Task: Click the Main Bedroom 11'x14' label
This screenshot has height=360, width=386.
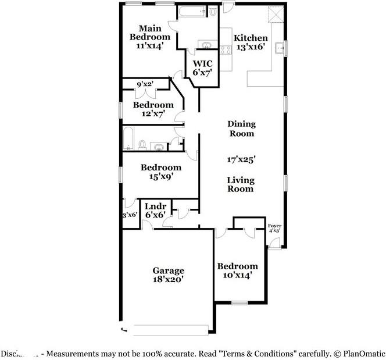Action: [x=149, y=36]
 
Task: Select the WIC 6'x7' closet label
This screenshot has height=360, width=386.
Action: [x=202, y=67]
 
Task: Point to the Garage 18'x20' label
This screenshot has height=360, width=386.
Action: [x=169, y=275]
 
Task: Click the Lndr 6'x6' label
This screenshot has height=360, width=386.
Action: [x=155, y=211]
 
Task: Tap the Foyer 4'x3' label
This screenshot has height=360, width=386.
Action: [x=274, y=228]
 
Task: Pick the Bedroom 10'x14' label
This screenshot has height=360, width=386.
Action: [x=237, y=270]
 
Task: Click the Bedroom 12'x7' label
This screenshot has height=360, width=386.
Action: [x=153, y=109]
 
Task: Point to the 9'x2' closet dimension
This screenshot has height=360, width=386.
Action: [x=144, y=84]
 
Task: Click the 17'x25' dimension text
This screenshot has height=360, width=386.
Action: [x=241, y=158]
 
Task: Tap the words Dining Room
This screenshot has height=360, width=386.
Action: [x=241, y=129]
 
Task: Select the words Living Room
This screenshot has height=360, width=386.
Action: [x=240, y=184]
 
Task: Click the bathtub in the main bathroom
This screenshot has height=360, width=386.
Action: [x=192, y=12]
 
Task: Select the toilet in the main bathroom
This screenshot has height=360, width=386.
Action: [x=213, y=12]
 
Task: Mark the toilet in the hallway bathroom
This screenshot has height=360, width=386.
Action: [x=142, y=145]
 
